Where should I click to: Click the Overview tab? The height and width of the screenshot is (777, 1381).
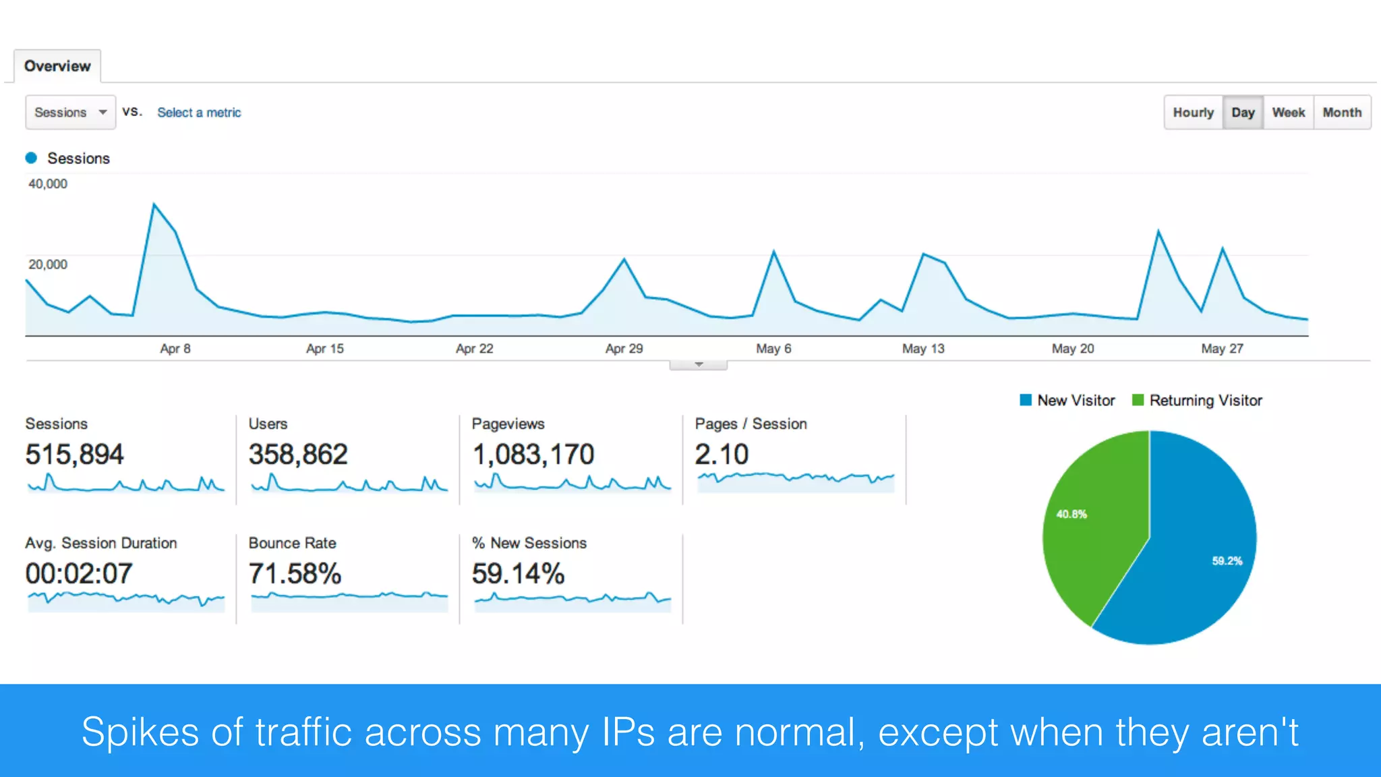click(57, 66)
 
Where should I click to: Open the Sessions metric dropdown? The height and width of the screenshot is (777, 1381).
click(70, 113)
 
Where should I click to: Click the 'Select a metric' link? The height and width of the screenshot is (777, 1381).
click(199, 113)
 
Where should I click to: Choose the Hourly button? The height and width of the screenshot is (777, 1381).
click(1193, 113)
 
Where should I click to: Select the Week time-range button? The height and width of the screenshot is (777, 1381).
click(1288, 113)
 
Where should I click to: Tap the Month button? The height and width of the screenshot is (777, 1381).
click(1342, 113)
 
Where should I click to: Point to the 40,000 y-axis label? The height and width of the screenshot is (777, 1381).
click(48, 183)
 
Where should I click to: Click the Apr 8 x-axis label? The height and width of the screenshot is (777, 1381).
click(175, 349)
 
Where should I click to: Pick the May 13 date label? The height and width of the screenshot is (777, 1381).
click(923, 349)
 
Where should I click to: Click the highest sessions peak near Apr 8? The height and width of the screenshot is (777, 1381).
click(154, 204)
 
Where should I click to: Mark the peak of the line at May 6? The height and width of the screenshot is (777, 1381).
click(773, 252)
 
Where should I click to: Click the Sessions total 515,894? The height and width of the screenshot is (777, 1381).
click(75, 455)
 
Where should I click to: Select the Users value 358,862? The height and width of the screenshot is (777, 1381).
click(298, 455)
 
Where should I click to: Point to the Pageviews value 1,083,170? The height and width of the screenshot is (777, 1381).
click(533, 455)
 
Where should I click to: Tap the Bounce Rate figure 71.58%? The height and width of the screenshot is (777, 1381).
click(295, 574)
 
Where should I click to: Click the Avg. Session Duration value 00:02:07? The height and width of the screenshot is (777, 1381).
click(79, 574)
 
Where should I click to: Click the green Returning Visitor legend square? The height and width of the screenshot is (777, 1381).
click(1138, 400)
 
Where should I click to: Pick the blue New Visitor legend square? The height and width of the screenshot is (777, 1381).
click(1026, 400)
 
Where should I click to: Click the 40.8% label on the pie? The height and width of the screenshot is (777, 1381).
click(1071, 514)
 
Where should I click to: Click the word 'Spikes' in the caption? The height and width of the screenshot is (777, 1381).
click(140, 732)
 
